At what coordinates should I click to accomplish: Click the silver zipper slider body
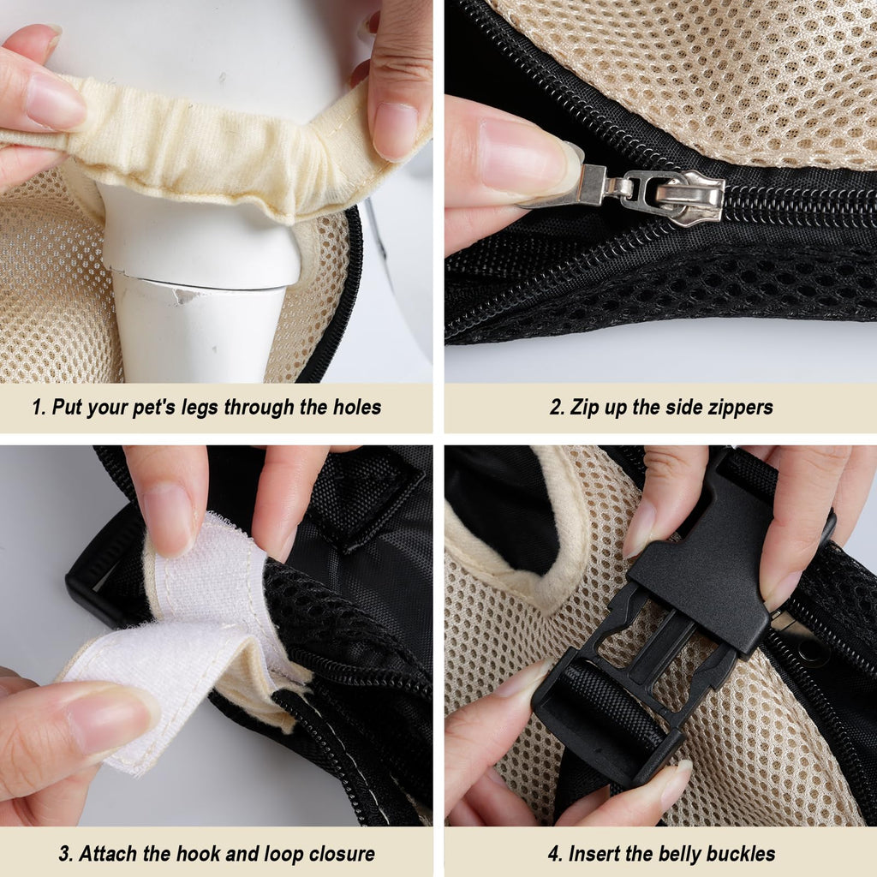point(685,197)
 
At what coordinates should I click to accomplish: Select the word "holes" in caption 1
point(357,407)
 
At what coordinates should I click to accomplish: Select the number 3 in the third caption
point(65,854)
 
